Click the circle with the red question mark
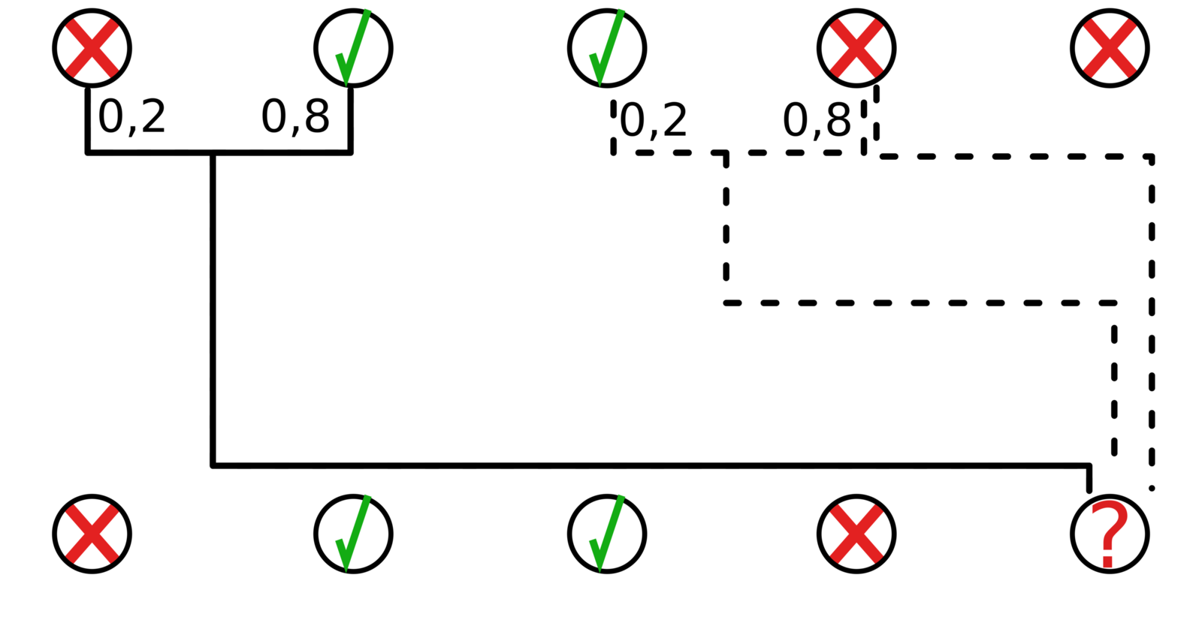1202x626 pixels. tap(1110, 534)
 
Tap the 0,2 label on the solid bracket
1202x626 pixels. tap(132, 116)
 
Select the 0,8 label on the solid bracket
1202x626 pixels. tap(295, 116)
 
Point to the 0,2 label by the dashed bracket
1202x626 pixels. tap(654, 120)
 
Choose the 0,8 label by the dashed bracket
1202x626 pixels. tap(817, 120)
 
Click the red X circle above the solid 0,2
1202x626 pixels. tap(92, 48)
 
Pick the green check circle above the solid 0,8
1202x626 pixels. tap(353, 48)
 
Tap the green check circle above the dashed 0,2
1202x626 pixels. tap(606, 48)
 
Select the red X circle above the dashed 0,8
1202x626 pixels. tap(856, 48)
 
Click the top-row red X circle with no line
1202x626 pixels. tap(1110, 48)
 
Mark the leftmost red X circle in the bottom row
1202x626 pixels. tap(92, 534)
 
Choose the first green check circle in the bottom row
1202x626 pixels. tap(353, 534)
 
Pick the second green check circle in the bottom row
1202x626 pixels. tap(606, 534)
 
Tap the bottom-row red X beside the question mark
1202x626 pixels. tap(856, 534)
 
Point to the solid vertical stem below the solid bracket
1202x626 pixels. tap(213, 308)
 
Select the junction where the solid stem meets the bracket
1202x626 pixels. tap(213, 153)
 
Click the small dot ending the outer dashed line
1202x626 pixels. tap(1152, 489)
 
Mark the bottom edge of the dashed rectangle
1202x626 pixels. tap(917, 303)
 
